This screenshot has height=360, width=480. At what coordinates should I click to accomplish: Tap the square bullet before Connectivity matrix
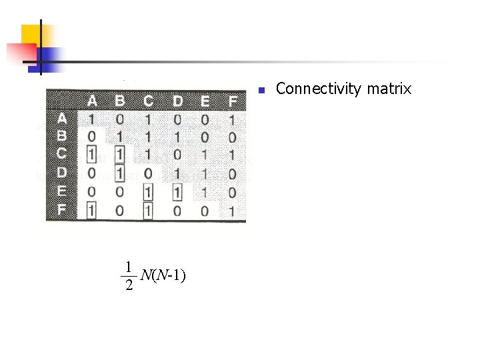coord(262,90)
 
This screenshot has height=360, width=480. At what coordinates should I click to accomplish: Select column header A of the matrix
coord(92,101)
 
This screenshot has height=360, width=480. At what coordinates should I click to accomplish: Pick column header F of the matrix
coord(232,101)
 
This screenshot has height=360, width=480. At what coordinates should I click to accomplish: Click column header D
coord(177,101)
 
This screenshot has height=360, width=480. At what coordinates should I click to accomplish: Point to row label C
coord(61,153)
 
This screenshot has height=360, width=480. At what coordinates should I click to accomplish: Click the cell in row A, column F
coord(231,120)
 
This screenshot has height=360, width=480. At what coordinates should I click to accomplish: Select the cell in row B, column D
coord(177,137)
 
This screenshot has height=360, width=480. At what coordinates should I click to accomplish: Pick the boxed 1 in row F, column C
coord(147,211)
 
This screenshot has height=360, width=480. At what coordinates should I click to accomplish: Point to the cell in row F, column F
coord(231,211)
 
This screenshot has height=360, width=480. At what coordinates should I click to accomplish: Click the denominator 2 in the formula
coord(129,286)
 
